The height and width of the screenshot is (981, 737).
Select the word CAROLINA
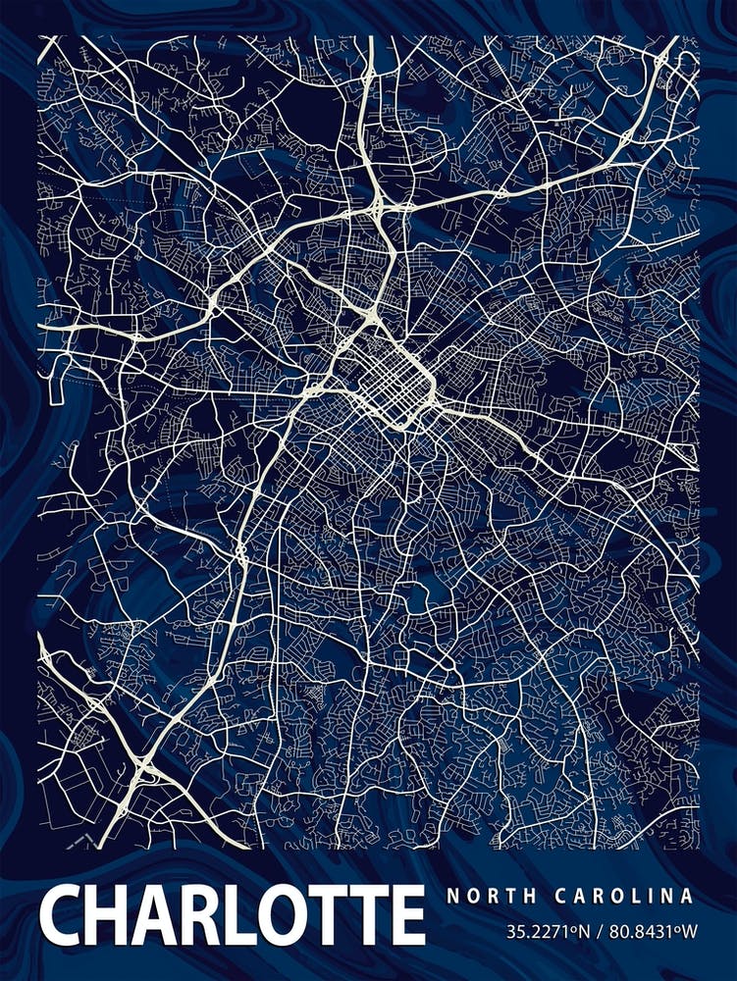coord(623,896)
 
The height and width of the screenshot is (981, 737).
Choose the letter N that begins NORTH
coord(451,896)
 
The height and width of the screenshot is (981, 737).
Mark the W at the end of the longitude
coord(688,929)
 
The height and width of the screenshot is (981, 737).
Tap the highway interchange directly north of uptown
coord(379,204)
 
